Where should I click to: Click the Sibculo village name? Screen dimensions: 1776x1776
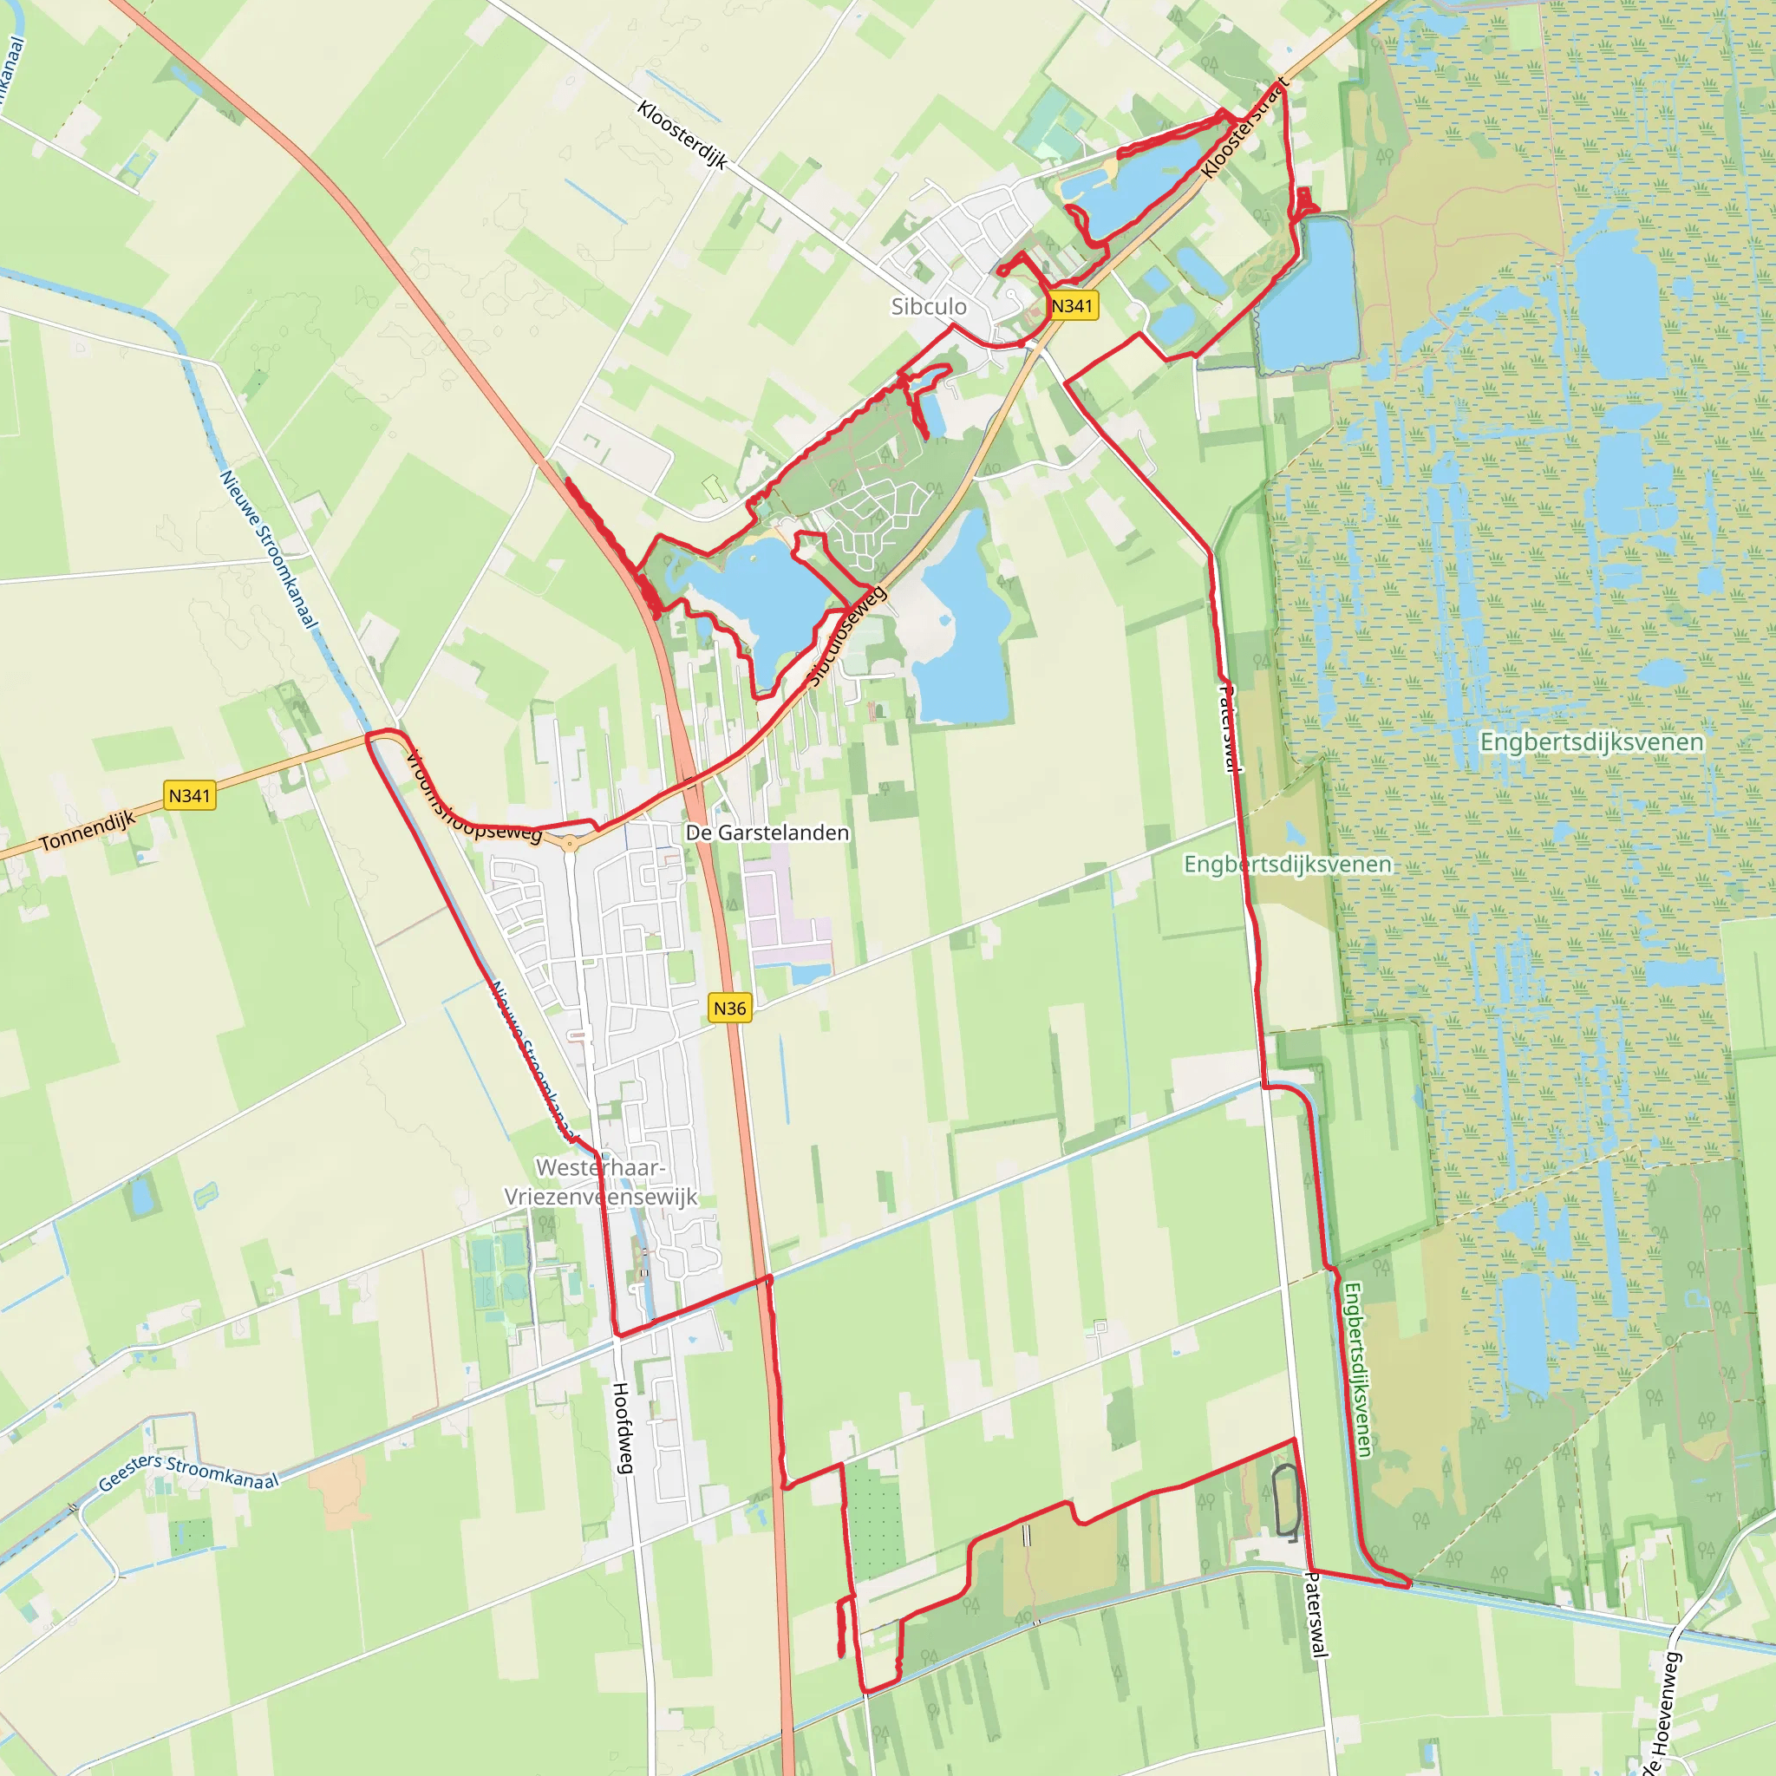929,307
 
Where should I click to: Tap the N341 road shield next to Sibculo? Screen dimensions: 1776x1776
1073,306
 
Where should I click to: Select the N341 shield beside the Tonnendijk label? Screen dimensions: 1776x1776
190,795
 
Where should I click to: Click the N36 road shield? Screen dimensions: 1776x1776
730,1008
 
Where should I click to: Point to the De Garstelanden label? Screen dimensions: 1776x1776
767,832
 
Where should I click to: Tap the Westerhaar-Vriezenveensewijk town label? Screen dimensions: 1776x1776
601,1182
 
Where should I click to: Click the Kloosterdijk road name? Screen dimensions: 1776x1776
683,135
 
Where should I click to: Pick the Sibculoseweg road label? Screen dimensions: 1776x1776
846,637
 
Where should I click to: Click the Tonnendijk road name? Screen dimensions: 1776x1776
88,831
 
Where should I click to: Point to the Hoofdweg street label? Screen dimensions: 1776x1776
623,1427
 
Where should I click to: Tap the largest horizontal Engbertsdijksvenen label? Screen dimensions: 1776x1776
1591,741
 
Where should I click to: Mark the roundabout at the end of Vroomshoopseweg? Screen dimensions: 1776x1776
570,843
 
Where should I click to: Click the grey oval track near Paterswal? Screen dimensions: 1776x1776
1285,1501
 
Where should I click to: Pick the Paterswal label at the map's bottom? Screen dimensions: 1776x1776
1316,1613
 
